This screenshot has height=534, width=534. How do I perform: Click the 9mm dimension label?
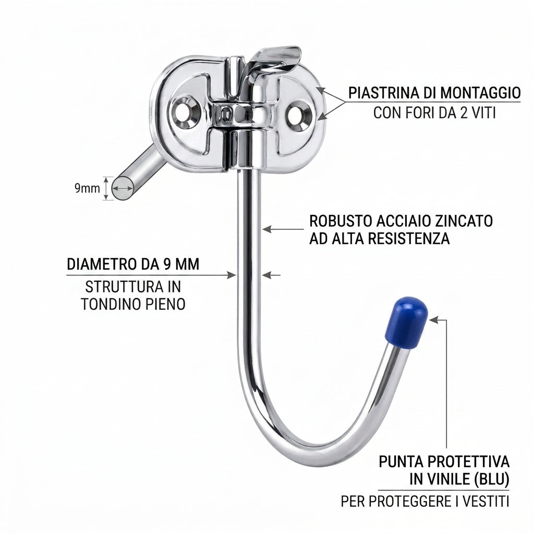[87, 188]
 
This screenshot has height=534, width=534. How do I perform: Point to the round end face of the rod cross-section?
[123, 188]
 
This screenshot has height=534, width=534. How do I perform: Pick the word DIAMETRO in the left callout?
[101, 264]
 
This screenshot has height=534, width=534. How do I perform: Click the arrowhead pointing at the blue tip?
[433, 320]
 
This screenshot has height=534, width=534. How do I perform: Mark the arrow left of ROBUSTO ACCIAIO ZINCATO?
[283, 229]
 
